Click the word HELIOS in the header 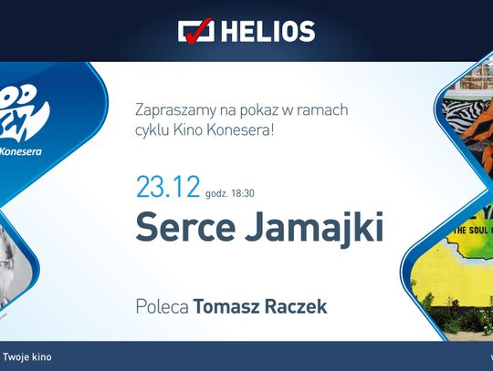coord(269,31)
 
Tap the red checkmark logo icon coord(195,30)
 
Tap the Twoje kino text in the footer coord(27,356)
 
